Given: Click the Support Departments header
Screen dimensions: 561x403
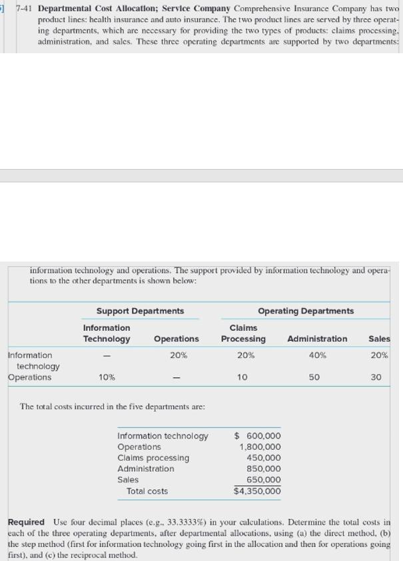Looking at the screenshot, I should (140, 311).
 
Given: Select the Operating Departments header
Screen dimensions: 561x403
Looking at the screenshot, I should (306, 311).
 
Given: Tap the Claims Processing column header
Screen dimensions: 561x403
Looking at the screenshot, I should (243, 333).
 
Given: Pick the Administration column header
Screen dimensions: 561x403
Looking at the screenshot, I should (317, 339).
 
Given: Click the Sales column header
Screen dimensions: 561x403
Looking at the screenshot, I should (379, 339).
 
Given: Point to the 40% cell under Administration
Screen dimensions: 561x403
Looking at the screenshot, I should (318, 355).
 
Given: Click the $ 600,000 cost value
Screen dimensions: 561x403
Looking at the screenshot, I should (258, 436).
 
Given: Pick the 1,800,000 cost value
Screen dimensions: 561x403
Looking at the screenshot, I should (260, 447).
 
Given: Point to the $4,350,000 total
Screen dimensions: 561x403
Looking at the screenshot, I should (257, 491).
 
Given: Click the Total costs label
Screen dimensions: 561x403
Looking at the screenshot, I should (147, 491).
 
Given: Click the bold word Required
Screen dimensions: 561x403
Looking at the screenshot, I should (26, 522).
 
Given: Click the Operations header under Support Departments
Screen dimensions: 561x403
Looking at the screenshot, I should (176, 339).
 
